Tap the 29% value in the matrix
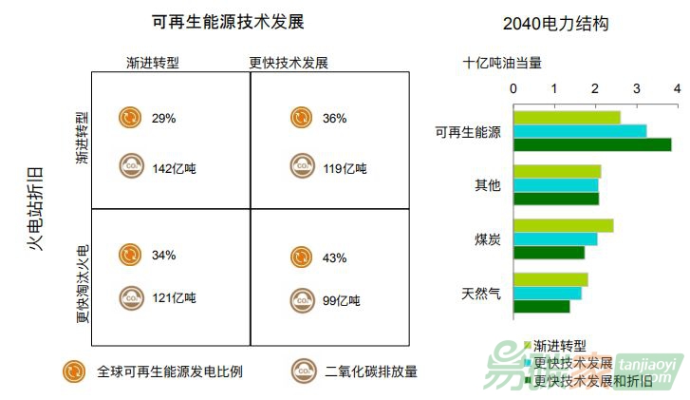pos(163,118)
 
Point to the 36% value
pos(334,118)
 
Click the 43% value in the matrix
pos(334,257)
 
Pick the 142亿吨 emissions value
pos(174,168)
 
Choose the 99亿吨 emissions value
pos(341,301)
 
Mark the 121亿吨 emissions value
pos(174,298)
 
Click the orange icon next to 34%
pos(130,255)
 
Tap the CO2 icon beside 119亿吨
pos(302,166)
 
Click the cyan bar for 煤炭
pos(555,239)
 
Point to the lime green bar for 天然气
pos(550,279)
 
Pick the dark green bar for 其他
pos(556,199)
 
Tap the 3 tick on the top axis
pos(636,88)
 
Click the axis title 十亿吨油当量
pos(502,63)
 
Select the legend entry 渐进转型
pos(560,346)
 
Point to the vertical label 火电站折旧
pos(36,207)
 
